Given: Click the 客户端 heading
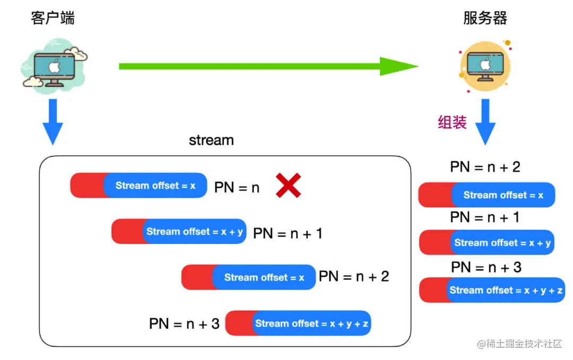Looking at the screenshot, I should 53,18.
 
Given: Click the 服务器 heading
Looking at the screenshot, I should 485,18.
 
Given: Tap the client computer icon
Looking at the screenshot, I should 53,66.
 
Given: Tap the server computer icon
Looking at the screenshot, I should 484,66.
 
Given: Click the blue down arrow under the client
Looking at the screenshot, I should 53,121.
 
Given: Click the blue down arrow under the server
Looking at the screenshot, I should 485,121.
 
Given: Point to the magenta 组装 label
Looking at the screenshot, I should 452,123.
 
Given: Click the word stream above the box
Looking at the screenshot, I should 211,140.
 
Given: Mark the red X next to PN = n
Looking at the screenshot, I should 289,186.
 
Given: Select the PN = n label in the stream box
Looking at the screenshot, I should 237,187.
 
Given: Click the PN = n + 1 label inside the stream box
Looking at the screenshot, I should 288,233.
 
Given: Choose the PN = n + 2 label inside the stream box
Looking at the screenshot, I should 353,276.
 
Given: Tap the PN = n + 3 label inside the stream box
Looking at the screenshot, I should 184,323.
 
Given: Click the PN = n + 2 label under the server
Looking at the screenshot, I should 485,167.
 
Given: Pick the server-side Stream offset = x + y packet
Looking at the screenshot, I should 487,243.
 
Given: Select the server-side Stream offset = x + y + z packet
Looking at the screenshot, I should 492,290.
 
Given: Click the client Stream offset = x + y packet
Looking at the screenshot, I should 179,232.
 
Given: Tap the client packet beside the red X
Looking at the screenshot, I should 138,186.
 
